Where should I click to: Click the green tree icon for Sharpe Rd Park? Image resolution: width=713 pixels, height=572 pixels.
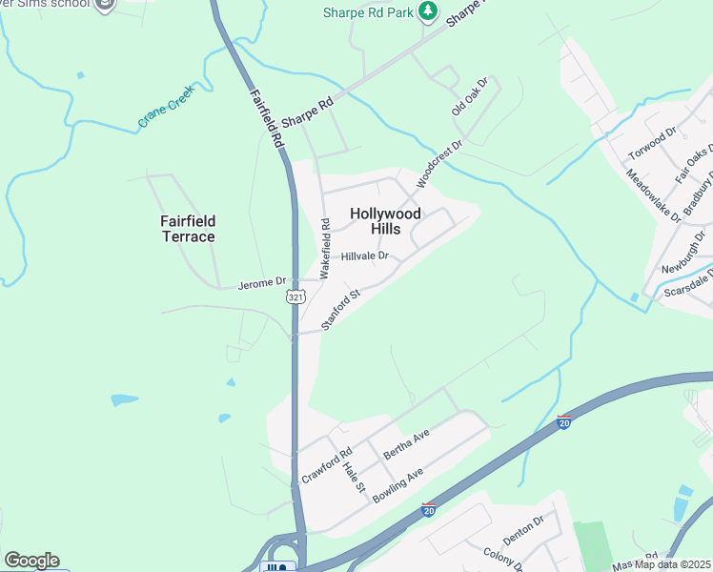coord(429,11)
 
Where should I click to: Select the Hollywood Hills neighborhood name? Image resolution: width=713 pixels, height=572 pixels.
coord(384,221)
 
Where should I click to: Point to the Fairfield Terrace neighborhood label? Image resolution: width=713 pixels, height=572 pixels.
coord(187,229)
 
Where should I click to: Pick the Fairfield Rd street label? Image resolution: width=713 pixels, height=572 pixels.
coord(266,118)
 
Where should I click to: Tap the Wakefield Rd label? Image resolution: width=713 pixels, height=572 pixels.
coord(325,249)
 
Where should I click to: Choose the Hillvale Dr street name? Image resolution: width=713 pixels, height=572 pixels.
coord(365,255)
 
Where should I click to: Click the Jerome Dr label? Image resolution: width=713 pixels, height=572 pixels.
coord(261,282)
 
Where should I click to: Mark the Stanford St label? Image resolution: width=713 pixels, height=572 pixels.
coord(340,310)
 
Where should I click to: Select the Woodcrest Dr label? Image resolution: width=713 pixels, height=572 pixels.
coord(438,163)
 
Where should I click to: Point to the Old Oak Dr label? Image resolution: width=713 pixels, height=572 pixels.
coord(470,97)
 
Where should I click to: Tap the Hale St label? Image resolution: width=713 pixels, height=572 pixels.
coord(355,474)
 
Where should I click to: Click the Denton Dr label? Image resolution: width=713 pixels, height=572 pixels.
coord(523,531)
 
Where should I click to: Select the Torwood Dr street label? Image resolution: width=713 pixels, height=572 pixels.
coord(653,143)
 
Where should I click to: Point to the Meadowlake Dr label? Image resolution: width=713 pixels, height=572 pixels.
coord(653,195)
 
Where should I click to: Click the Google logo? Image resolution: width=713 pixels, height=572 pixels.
coord(31,561)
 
